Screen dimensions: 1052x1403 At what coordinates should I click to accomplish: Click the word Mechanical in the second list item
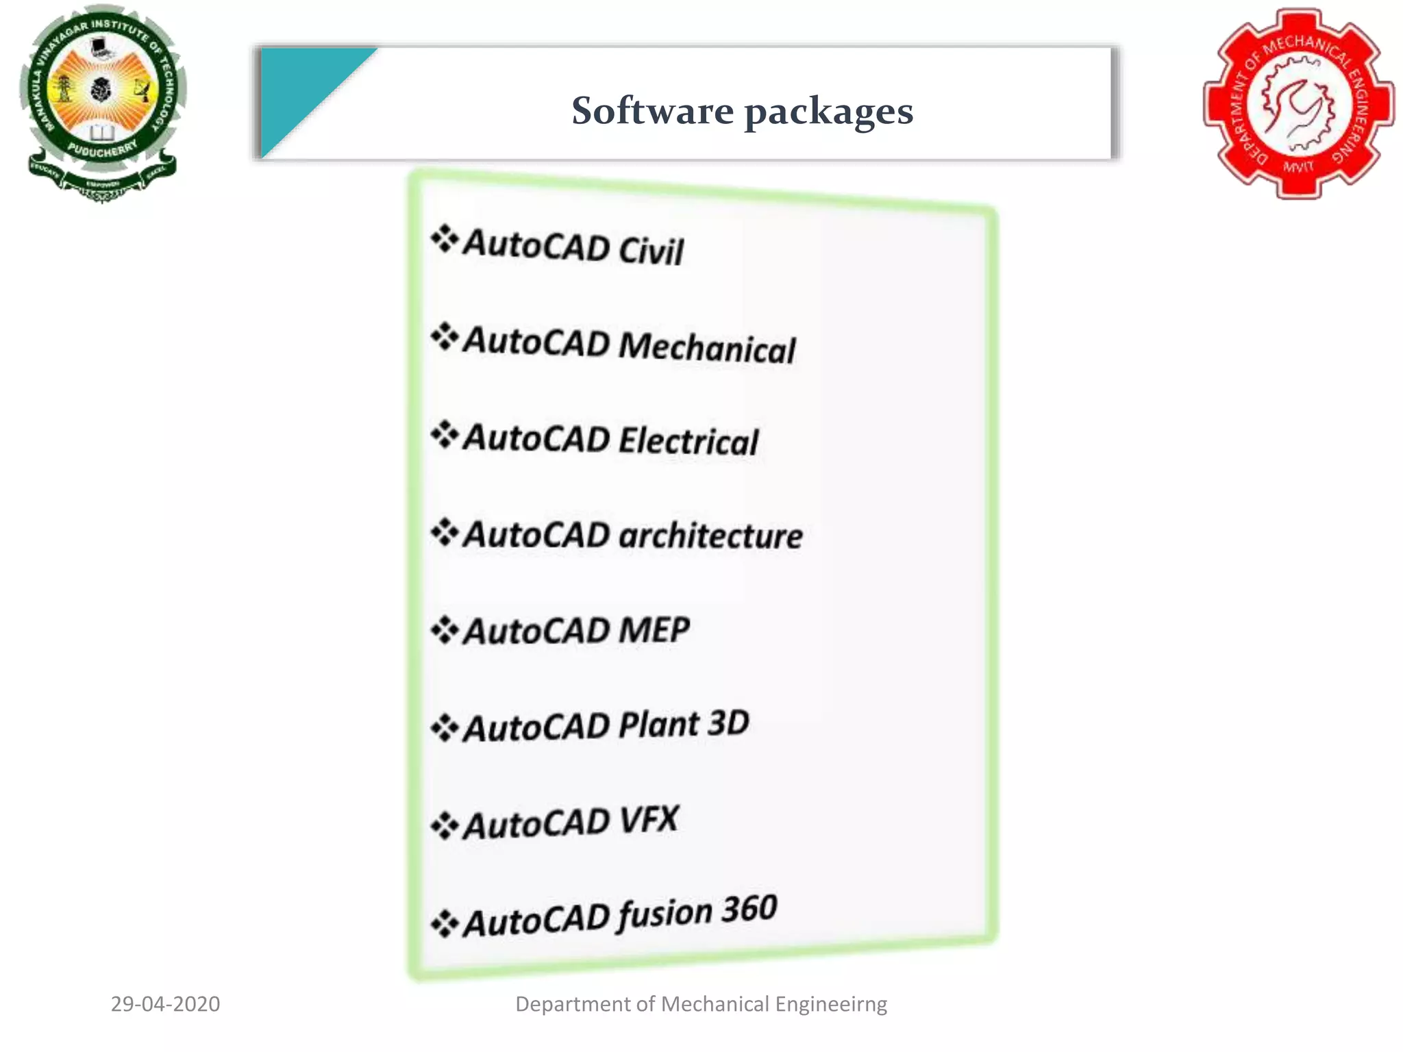tap(706, 347)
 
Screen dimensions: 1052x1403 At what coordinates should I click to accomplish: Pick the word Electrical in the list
tap(688, 440)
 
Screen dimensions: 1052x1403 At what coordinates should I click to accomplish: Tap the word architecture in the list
tap(710, 536)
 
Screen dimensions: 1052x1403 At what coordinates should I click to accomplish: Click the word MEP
tap(654, 629)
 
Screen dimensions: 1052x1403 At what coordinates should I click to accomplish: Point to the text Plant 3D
tap(683, 724)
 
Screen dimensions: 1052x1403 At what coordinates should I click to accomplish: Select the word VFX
tap(648, 820)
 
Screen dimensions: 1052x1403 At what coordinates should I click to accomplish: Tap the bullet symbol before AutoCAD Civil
tap(444, 239)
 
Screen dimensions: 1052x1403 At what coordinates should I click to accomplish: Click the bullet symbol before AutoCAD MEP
tap(444, 629)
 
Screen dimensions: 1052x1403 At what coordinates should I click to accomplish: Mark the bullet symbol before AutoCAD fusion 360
tap(444, 923)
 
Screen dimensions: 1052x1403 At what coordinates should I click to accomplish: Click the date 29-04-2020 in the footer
tap(165, 1004)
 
